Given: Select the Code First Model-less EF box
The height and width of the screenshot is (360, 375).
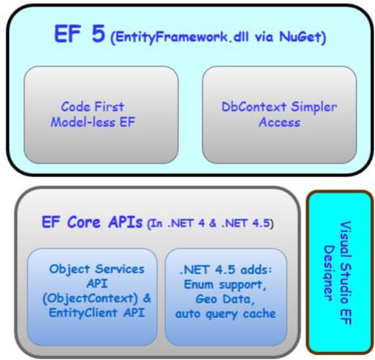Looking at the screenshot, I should click(101, 115).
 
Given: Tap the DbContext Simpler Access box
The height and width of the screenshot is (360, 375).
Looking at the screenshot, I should click(279, 115).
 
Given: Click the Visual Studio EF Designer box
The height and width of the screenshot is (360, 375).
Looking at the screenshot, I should click(339, 272).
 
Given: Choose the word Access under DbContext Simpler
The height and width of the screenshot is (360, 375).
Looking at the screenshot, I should click(279, 122).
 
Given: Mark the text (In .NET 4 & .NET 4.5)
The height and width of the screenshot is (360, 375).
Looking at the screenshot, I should click(210, 223).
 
